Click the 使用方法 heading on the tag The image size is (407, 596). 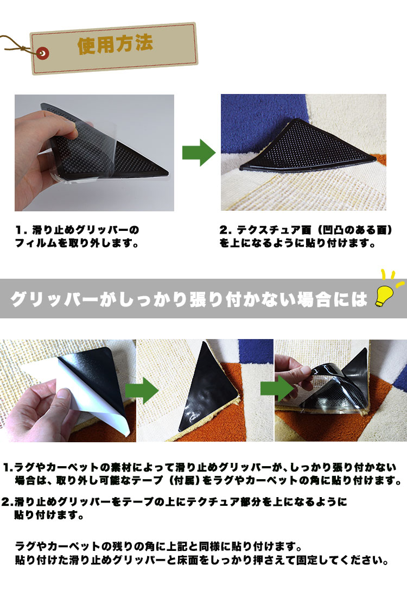(x=115, y=45)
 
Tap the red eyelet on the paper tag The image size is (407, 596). (x=43, y=53)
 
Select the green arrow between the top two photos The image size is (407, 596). (x=199, y=153)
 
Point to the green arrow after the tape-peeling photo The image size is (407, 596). (x=142, y=391)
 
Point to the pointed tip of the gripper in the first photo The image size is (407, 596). (x=168, y=173)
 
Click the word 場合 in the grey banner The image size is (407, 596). (x=314, y=299)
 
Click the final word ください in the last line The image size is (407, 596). (x=364, y=560)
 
